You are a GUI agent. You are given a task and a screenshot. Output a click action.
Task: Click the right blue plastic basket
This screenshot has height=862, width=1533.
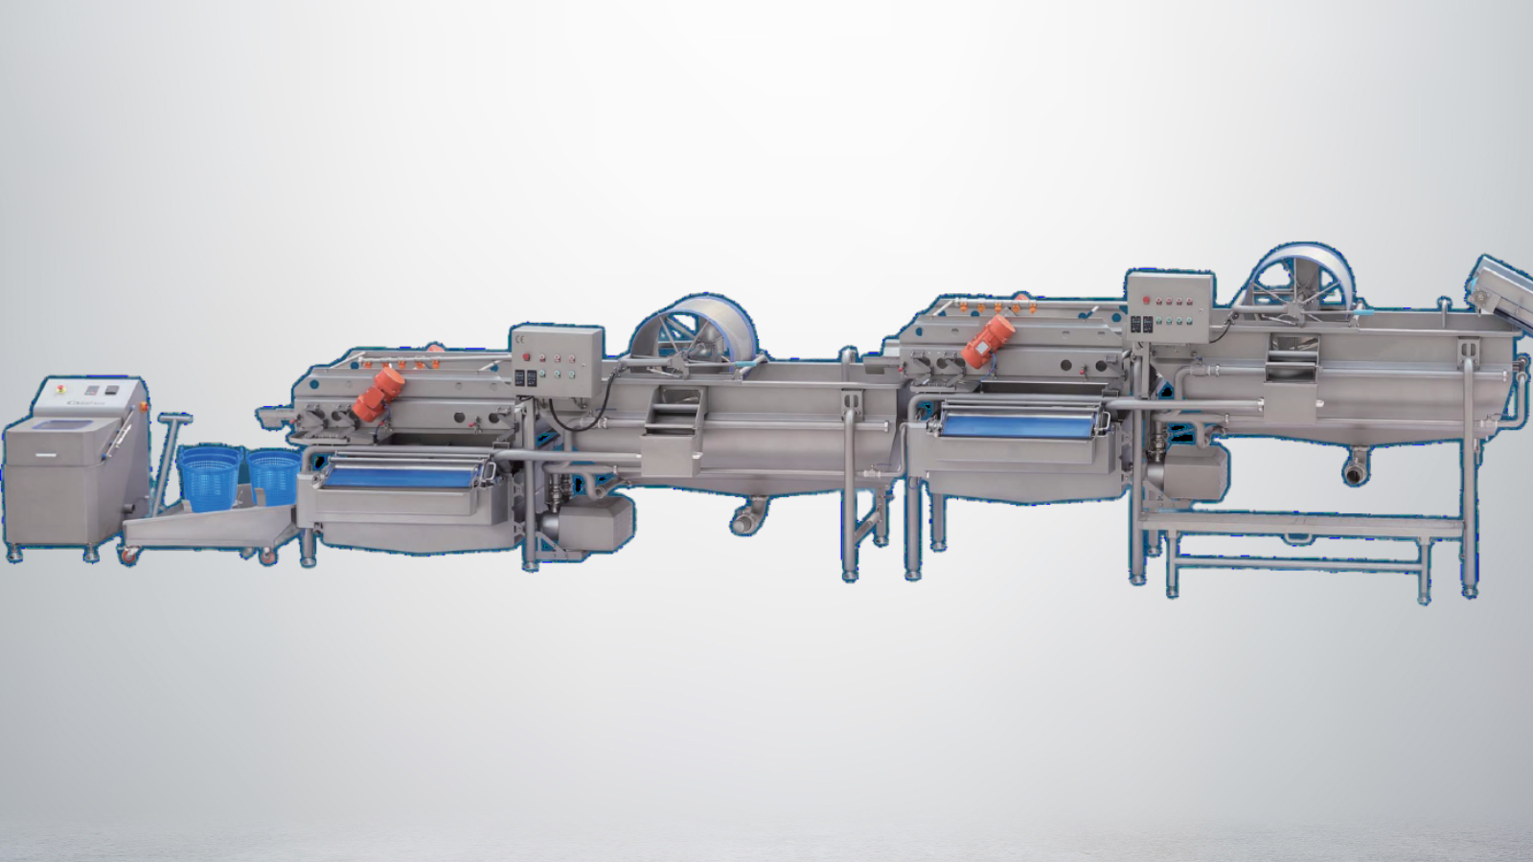[x=275, y=476]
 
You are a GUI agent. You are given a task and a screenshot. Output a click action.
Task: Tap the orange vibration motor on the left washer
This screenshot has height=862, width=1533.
[x=379, y=394]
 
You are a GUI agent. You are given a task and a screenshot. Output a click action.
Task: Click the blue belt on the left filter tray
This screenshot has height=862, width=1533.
[x=402, y=472]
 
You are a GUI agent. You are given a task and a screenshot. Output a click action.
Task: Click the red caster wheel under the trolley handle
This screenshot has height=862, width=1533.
[x=128, y=554]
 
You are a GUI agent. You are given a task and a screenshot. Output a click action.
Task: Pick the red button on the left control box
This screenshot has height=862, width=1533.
[x=525, y=358]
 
